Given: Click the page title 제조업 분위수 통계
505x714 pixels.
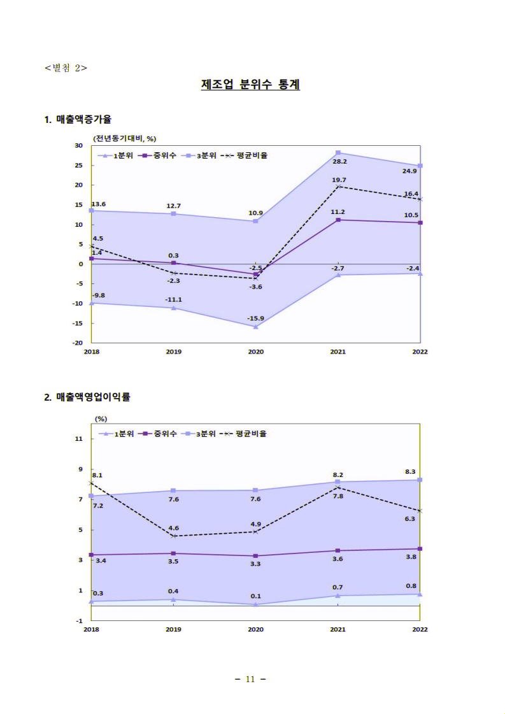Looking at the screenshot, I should coord(250,84).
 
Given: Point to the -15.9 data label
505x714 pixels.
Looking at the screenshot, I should coord(255,318).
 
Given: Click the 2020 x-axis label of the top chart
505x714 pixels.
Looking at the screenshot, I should coord(255,352).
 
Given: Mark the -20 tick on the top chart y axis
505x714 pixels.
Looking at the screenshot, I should coord(78,343).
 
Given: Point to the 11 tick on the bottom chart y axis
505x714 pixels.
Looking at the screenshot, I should coord(79,439).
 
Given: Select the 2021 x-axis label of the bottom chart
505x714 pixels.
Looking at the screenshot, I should coord(338,629).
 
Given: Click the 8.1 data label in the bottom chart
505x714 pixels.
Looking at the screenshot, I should coord(97,475).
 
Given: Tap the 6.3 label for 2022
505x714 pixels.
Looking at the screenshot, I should coord(410,518).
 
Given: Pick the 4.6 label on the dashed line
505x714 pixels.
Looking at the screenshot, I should coord(173,528).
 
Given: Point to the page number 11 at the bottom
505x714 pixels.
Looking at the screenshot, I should coord(250,679).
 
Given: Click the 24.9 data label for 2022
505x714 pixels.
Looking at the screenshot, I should coord(409,171).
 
